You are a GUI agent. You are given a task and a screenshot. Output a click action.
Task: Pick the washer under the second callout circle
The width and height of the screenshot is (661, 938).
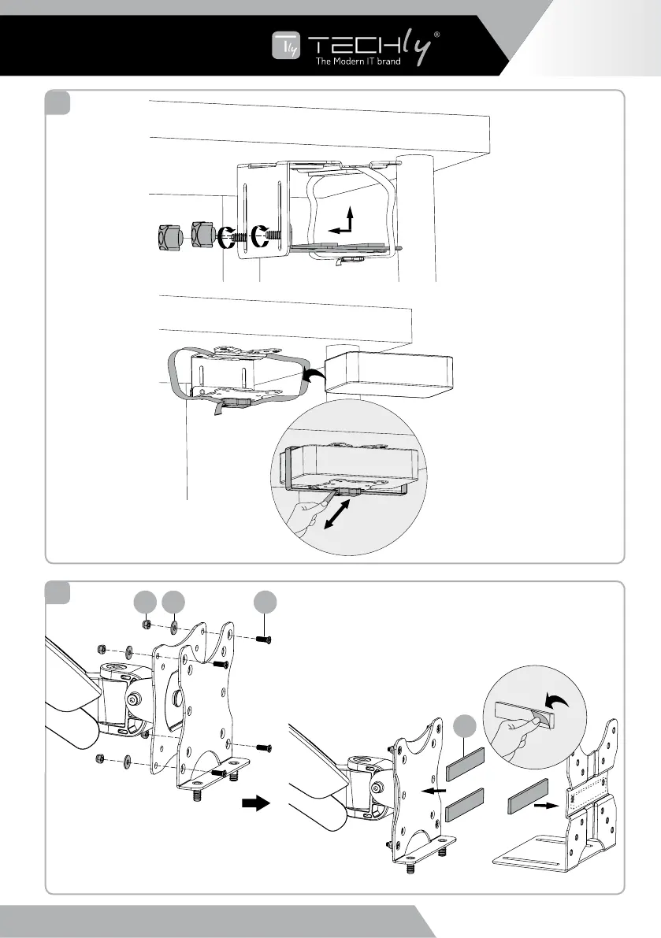click(x=172, y=628)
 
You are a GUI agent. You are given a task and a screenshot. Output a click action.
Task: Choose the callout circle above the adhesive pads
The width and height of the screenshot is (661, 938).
click(x=466, y=726)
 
